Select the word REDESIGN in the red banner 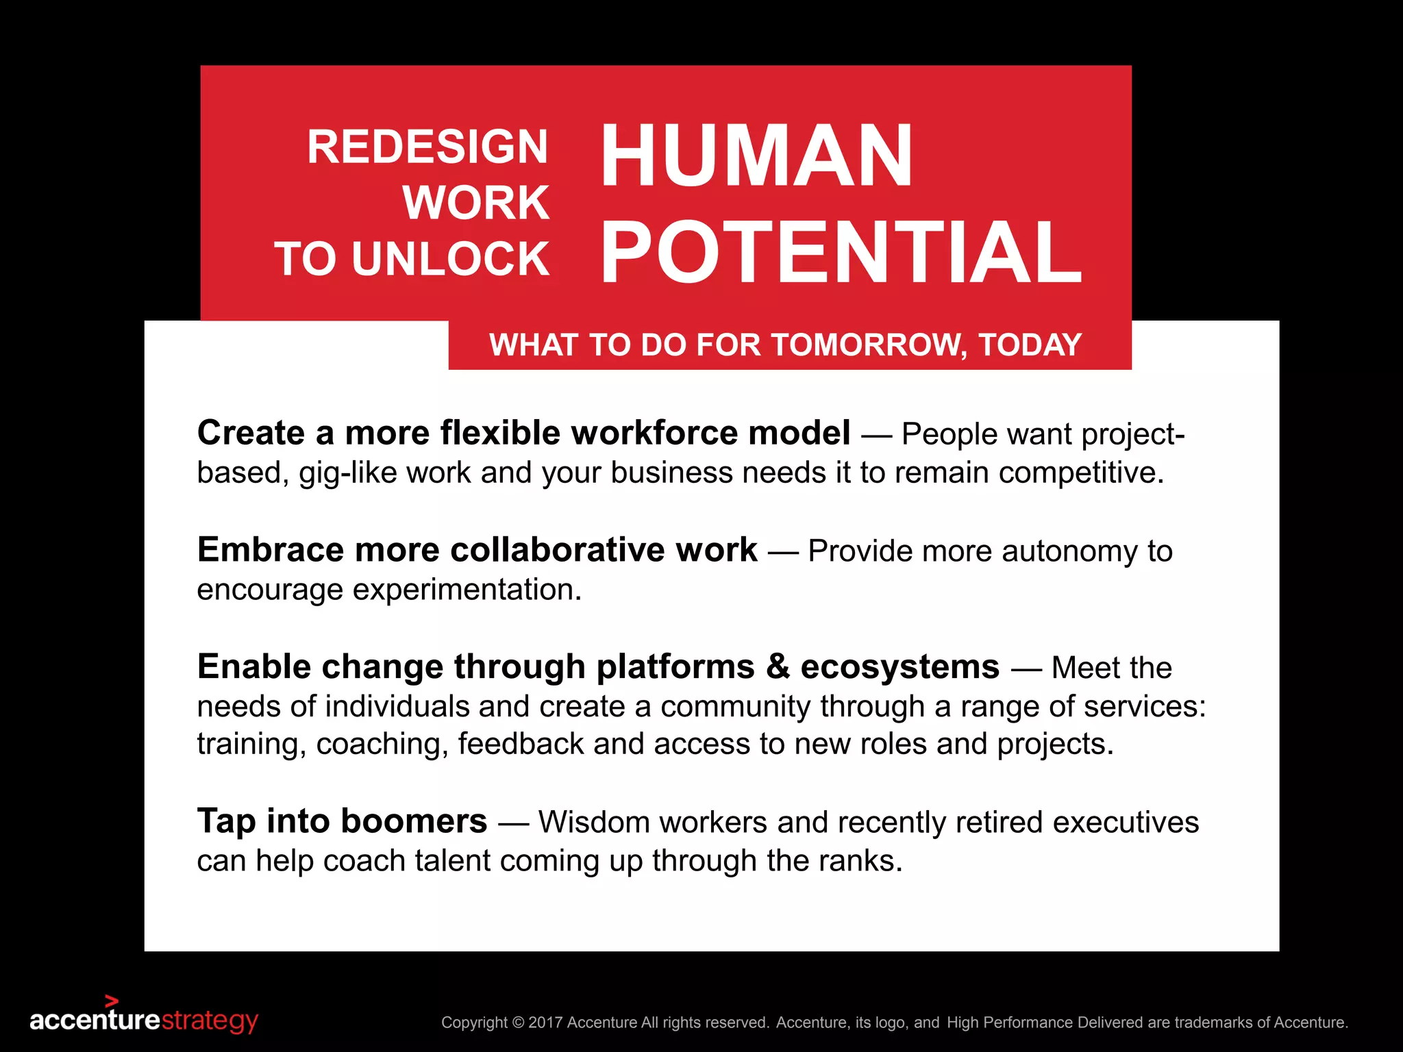427,147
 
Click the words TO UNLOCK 412,259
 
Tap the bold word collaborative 557,549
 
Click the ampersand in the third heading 778,666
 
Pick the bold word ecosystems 899,666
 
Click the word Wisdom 594,822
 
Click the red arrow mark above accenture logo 112,1001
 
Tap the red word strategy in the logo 210,1020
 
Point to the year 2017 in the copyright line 546,1023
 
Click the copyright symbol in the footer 518,1023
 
